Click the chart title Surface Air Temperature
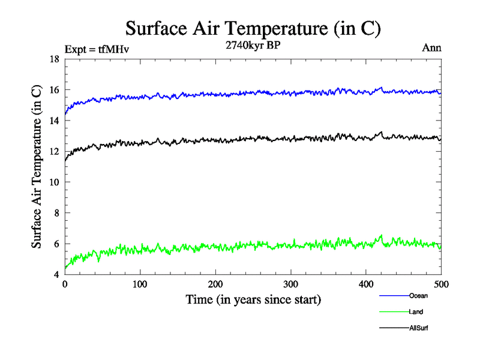point(253,28)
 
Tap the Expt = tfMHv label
point(96,49)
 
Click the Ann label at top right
point(432,48)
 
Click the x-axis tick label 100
point(140,284)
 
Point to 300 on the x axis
point(290,284)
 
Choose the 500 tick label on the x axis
point(441,284)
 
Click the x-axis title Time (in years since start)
point(253,299)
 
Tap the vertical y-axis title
point(37,167)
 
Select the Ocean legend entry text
point(418,295)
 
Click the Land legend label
point(416,311)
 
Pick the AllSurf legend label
point(418,328)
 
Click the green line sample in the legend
point(394,311)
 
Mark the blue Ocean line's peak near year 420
point(381,88)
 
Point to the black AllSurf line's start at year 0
point(65,160)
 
